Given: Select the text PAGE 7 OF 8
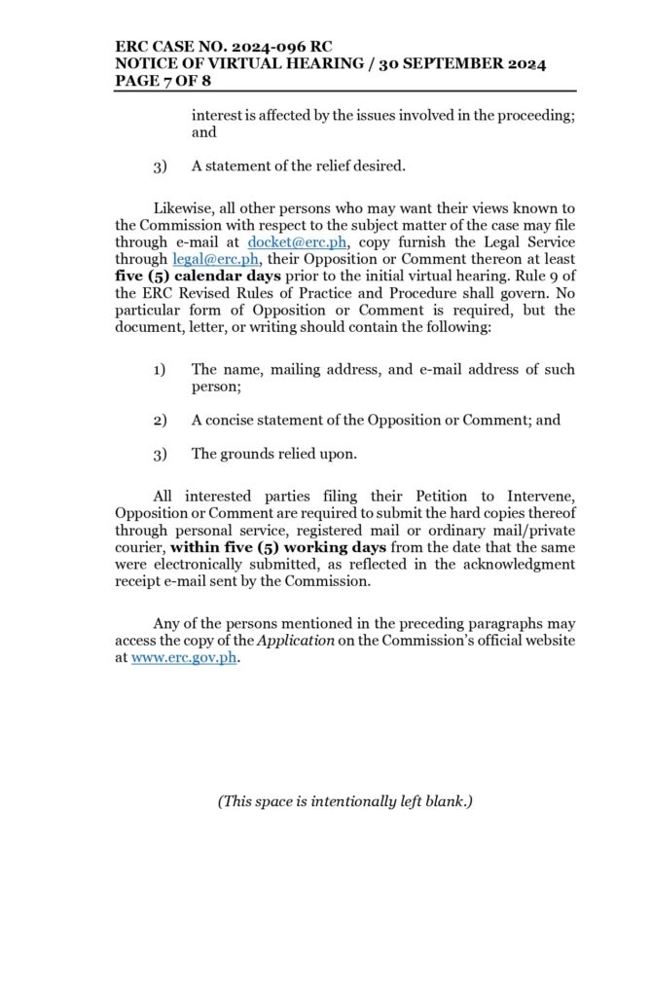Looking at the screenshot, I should pos(170,81).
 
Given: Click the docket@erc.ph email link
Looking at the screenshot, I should pos(297,241).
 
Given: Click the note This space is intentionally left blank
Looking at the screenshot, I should pos(344,801).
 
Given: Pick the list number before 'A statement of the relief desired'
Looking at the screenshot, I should pos(160,166).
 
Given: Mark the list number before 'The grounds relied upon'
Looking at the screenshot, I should pos(160,453).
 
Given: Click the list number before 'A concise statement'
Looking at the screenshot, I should pos(160,420).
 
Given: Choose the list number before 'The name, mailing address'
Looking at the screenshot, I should pos(160,369).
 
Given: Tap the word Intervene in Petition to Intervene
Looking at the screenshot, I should pos(539,497).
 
